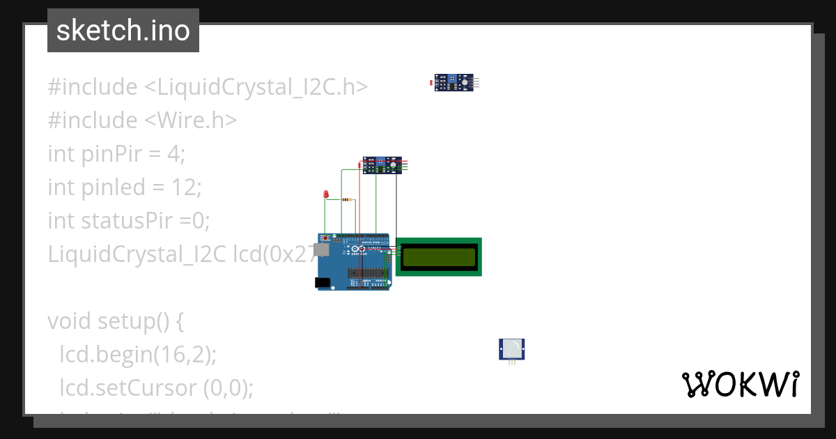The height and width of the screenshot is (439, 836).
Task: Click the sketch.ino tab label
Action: (x=123, y=31)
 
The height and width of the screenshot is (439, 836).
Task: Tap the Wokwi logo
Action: (x=740, y=385)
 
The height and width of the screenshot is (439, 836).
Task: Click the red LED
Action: (x=325, y=194)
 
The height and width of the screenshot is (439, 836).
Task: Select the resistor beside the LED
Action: (x=347, y=200)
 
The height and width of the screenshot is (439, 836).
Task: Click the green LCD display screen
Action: (x=438, y=256)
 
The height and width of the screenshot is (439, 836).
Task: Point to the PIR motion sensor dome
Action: (x=512, y=347)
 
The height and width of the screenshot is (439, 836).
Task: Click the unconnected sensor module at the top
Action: (x=456, y=83)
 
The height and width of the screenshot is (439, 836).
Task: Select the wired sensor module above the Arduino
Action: (x=382, y=165)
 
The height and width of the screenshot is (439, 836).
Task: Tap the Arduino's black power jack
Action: (x=321, y=282)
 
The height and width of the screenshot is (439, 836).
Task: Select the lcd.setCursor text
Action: (x=128, y=387)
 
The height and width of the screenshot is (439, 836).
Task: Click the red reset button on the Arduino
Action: (x=324, y=238)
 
